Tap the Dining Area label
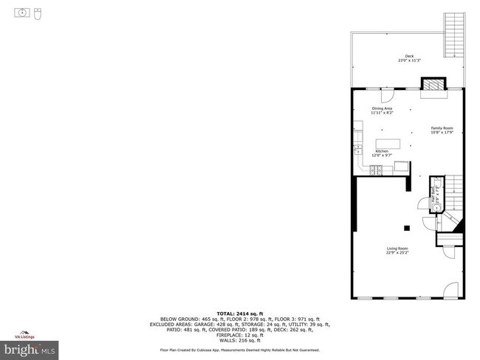click(x=383, y=111)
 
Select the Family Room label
click(x=442, y=130)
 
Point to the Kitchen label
click(x=381, y=153)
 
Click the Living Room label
click(x=397, y=250)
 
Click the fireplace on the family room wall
click(x=433, y=85)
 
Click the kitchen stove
click(x=376, y=170)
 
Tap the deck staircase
click(x=453, y=34)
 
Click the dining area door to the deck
click(x=387, y=94)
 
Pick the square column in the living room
click(x=406, y=228)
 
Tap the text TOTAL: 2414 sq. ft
click(x=239, y=313)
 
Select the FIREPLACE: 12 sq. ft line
click(x=239, y=335)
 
